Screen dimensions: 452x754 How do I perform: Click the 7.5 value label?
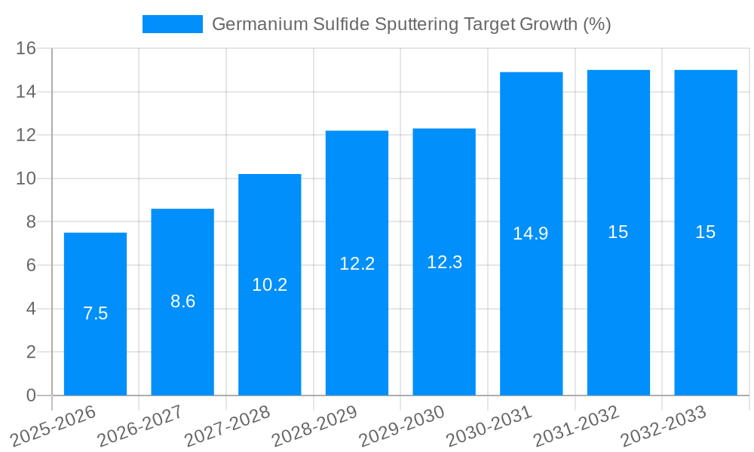(95, 314)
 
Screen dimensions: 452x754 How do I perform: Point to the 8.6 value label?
(182, 301)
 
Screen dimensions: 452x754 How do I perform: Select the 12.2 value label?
(357, 264)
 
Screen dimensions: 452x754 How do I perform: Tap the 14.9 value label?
(531, 234)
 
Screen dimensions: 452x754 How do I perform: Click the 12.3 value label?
(444, 262)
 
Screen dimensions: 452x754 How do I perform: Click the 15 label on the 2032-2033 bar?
(706, 232)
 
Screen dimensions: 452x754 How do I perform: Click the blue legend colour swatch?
(173, 24)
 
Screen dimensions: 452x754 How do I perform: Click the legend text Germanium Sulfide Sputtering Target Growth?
(411, 24)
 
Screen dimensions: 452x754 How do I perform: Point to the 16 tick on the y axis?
(26, 48)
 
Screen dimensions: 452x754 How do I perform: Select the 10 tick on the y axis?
(26, 179)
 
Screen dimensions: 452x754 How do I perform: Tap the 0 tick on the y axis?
(31, 395)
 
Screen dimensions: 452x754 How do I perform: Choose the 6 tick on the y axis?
(31, 265)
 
